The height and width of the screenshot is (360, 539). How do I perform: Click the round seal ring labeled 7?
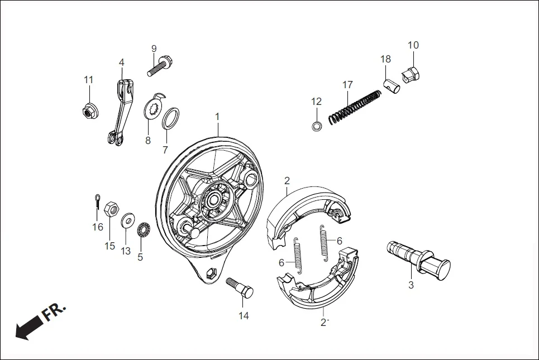point(171,118)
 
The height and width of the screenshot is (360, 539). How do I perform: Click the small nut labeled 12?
point(316,126)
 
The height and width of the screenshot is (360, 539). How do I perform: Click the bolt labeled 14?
point(240,288)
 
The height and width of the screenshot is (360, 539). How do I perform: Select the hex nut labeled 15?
point(111,209)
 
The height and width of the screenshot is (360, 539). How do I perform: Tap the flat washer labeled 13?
point(127,220)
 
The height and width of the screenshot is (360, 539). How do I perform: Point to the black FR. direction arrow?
point(31,325)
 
